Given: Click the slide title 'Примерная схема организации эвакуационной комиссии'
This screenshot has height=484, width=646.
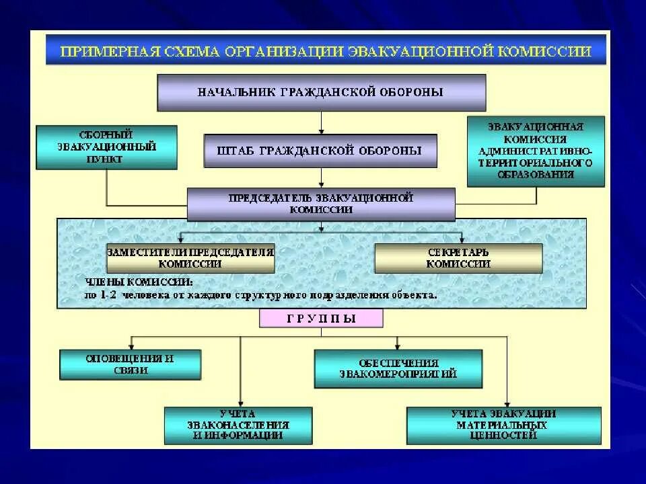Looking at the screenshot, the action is pos(326,51).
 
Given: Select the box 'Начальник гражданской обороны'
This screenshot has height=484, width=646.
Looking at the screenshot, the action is pos(321,92).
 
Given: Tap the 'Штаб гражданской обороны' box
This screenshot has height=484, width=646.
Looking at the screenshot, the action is pos(320,151).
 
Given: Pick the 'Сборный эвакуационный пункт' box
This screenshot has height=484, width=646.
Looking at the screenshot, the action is pos(107,147).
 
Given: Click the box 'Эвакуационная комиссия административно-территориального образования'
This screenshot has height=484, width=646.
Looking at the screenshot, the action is pos(536,151).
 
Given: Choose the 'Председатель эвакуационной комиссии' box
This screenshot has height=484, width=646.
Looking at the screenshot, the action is pos(320,204).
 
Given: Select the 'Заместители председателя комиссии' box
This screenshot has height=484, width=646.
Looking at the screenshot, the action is pos(190,258).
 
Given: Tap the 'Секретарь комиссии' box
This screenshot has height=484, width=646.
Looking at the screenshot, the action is pos(458,258).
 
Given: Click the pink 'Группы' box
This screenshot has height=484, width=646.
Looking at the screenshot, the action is pos(320,319).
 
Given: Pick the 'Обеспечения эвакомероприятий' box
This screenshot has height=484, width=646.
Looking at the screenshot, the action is pos(398,368).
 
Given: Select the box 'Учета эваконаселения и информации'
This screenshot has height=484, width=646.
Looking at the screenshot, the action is pos(238,425).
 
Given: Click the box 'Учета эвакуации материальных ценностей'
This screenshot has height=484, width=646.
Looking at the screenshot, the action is pos(503,425).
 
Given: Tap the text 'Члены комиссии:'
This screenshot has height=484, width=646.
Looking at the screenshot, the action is pos(139,282).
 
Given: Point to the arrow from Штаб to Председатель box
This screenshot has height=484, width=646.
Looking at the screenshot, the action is pos(321,177).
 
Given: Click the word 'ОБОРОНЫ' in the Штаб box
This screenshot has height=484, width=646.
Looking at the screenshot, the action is pos(390,151).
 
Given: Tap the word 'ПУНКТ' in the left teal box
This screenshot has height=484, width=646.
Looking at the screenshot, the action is pos(107,159).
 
